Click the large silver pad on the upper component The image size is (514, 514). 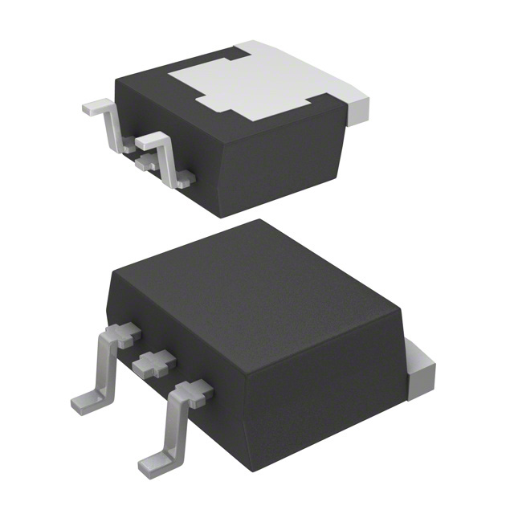click(x=257, y=84)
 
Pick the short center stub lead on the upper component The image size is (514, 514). click(x=146, y=163)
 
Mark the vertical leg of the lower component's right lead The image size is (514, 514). click(x=175, y=426)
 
